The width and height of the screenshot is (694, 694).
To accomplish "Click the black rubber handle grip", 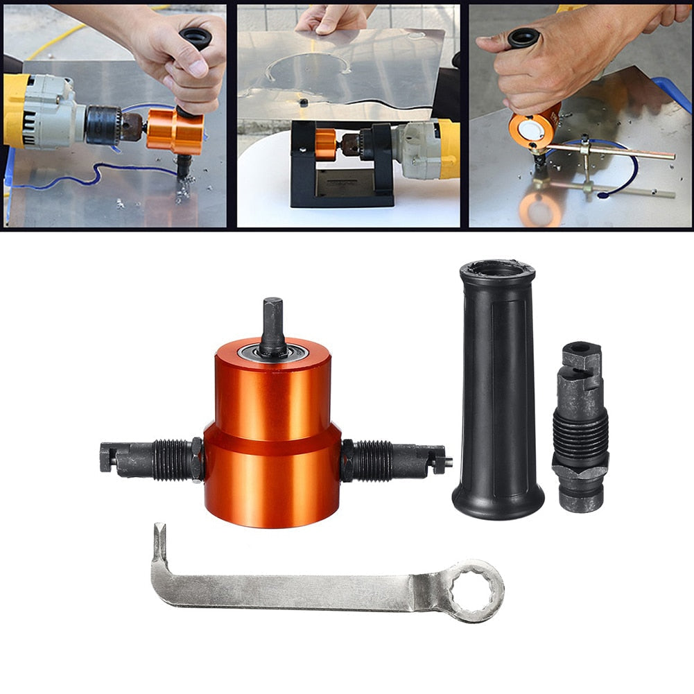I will point(498,388).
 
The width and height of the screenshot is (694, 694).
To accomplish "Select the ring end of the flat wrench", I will point(474,589).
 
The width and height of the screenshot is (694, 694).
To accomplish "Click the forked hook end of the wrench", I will point(159,544).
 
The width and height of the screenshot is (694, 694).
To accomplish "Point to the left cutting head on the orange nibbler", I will point(149,459).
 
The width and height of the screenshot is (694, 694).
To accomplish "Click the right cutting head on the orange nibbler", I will point(395,459).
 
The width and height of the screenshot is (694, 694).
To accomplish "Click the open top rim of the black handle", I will point(496,268).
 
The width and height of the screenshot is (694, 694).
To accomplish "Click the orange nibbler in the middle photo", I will point(326,144).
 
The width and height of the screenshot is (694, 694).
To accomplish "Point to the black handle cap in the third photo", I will point(523,37).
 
